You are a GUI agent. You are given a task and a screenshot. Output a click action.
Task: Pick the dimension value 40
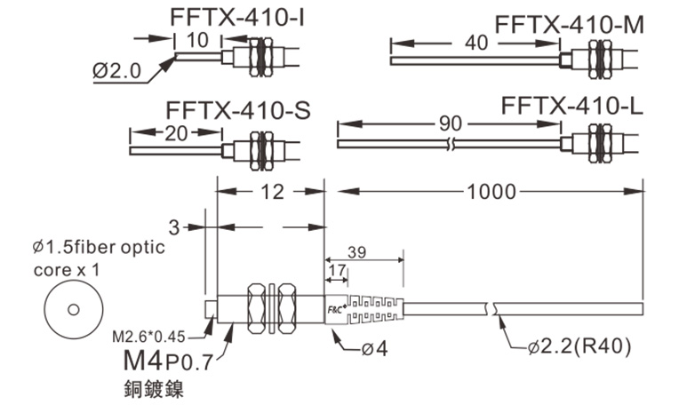pos(476,41)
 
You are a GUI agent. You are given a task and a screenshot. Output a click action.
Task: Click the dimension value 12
pos(270,190)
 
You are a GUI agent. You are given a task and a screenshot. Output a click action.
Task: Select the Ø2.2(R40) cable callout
pos(578,348)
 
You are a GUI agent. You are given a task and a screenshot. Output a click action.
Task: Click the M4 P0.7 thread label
pos(168,362)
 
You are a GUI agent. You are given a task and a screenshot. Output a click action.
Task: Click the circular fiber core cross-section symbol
pos(73,310)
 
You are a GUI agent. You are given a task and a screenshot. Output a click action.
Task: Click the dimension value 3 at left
pos(174,227)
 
